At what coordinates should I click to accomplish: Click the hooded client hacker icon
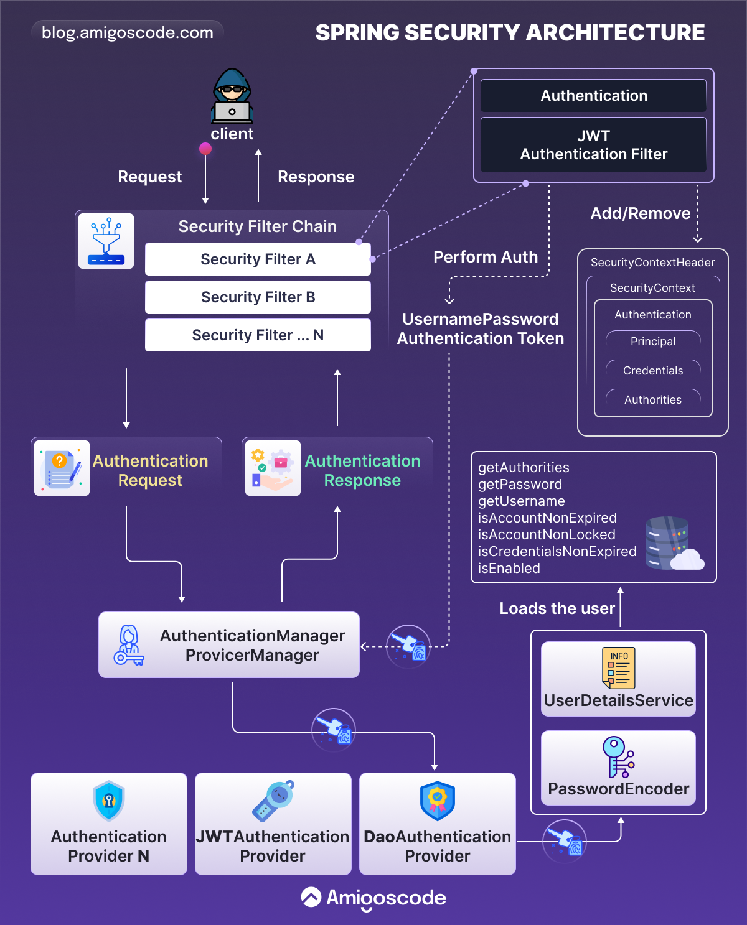coord(232,96)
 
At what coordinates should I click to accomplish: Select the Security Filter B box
coord(258,297)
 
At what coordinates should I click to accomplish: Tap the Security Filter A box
coord(258,259)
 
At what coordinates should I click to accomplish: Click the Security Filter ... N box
coord(258,335)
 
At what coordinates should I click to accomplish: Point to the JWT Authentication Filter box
coord(593,145)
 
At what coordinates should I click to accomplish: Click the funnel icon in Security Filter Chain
coord(106,241)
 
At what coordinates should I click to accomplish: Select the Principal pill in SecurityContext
coord(653,342)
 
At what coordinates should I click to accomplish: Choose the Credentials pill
coord(653,371)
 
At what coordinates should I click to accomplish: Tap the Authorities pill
coord(653,400)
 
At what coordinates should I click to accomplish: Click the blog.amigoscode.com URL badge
coord(128,32)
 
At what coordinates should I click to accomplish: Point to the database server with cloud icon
coord(673,544)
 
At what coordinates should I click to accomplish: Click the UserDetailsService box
coord(618,679)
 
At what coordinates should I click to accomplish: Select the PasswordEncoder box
coord(618,768)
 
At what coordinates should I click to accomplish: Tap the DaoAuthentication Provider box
coord(438,824)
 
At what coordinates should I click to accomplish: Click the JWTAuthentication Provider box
coord(273,824)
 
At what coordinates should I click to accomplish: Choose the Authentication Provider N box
coord(109,824)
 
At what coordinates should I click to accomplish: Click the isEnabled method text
coord(509,569)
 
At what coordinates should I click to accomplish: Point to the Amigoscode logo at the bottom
coord(374,898)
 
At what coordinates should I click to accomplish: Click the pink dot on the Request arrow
coord(205,149)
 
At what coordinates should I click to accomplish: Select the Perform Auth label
coord(486,257)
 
